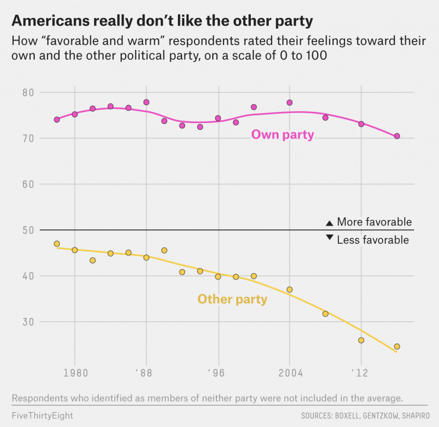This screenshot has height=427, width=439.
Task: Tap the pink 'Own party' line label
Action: (283, 135)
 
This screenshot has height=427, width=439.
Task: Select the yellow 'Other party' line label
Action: (232, 299)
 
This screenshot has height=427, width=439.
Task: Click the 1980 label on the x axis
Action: (75, 373)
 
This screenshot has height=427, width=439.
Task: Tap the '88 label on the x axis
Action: (146, 373)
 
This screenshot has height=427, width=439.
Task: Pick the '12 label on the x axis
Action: (361, 373)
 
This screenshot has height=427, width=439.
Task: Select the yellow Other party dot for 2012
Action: (361, 340)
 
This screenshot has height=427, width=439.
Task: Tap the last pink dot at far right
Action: (397, 136)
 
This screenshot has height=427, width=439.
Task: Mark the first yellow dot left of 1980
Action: (57, 244)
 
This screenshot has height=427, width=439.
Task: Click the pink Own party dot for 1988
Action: (146, 102)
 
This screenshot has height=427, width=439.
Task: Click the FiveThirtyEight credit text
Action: (42, 415)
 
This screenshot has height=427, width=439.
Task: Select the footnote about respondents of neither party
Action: (207, 398)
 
